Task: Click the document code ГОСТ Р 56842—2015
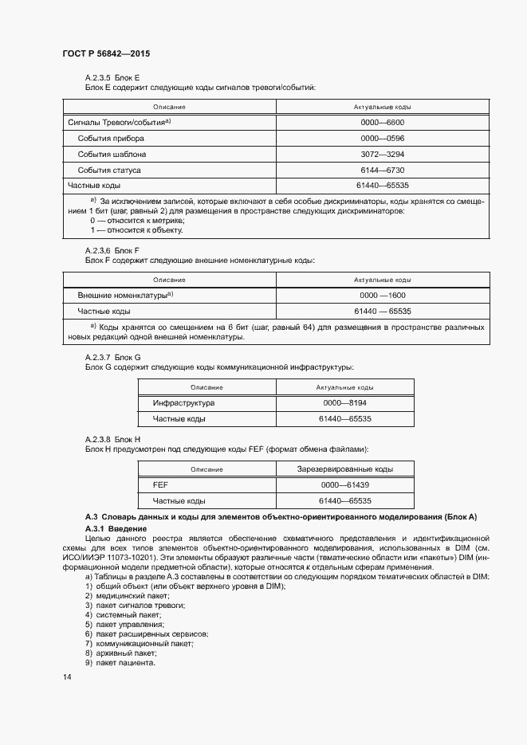(106, 53)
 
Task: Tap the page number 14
(67, 676)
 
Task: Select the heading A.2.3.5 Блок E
(112, 77)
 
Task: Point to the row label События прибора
(111, 138)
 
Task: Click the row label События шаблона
(112, 154)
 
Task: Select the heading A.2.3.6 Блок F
(112, 250)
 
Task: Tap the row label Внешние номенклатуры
(125, 296)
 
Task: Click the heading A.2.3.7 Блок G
(112, 358)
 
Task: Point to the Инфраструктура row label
(183, 403)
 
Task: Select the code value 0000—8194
(345, 403)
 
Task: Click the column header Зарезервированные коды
(345, 469)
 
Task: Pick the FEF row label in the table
(160, 485)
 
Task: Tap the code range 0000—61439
(345, 485)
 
